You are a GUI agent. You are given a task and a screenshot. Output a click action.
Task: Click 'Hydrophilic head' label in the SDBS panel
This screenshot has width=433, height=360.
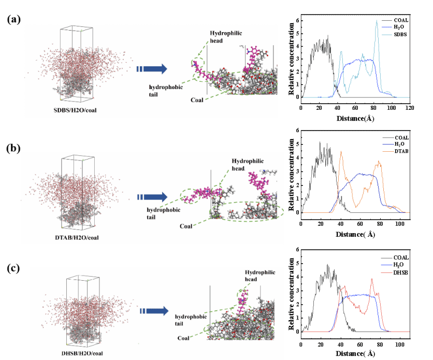[225, 37]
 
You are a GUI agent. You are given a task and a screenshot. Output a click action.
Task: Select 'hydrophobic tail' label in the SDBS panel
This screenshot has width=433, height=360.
[166, 90]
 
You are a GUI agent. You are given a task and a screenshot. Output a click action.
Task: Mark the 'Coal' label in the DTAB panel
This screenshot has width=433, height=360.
[186, 226]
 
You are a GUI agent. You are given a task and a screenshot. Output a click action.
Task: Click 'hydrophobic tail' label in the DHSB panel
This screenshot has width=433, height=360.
[191, 320]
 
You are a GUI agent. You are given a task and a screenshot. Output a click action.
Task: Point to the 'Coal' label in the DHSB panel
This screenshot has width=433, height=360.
[183, 338]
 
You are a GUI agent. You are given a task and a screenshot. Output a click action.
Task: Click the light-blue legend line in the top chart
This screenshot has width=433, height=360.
[386, 35]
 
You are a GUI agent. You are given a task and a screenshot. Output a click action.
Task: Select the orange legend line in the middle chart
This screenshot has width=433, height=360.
[387, 151]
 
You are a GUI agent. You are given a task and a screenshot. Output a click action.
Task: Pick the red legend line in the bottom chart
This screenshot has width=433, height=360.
[386, 272]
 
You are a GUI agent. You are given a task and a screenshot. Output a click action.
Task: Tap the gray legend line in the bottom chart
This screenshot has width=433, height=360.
[386, 258]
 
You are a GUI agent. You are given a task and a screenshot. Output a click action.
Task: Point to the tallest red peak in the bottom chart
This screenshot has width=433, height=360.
[372, 279]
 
